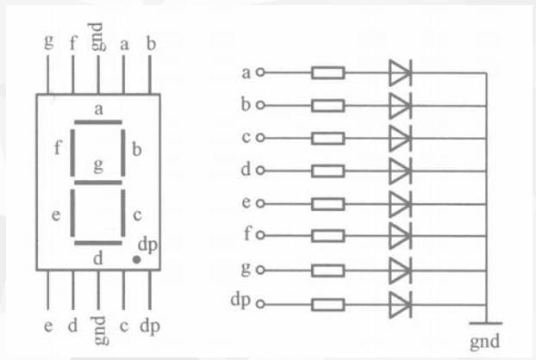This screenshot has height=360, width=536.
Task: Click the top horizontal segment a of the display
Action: click(98, 122)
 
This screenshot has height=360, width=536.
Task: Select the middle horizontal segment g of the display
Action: click(98, 183)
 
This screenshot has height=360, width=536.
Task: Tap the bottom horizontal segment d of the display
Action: click(98, 243)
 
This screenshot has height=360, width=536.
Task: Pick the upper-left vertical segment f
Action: click(72, 152)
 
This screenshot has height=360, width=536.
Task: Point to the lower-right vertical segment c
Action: click(123, 213)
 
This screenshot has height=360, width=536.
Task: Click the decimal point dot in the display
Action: click(136, 260)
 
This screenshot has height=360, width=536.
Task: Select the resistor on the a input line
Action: click(327, 72)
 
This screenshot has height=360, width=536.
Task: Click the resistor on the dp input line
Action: click(327, 305)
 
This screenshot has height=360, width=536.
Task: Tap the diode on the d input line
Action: click(401, 171)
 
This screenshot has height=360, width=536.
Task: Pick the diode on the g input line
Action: click(401, 270)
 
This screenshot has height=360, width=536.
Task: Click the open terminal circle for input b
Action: click(260, 105)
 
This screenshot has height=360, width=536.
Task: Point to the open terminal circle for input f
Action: click(260, 235)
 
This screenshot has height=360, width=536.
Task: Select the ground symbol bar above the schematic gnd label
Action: click(486, 323)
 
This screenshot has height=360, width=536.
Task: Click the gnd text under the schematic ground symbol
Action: click(484, 342)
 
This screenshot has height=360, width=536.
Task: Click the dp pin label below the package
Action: click(150, 326)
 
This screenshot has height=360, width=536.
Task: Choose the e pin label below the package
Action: click(48, 326)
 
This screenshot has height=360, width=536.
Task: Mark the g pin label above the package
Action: click(49, 41)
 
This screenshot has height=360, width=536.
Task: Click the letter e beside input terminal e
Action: click(246, 202)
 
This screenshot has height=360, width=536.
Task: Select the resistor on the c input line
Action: click(327, 139)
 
